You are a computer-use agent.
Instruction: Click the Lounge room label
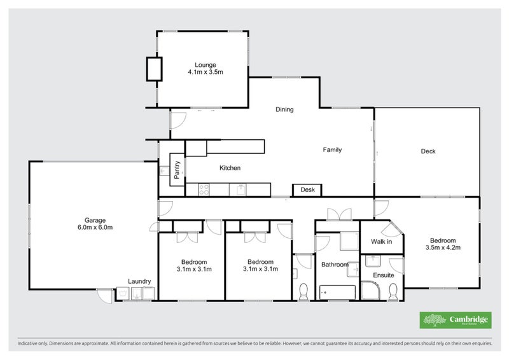pos(205,65)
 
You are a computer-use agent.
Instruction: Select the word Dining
pos(284,109)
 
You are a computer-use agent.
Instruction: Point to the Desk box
pos(308,190)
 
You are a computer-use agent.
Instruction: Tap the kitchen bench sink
pos(241,189)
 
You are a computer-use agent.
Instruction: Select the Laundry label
pos(139,281)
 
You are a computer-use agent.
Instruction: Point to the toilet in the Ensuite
pos(393,291)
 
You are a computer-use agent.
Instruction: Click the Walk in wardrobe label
pos(382,242)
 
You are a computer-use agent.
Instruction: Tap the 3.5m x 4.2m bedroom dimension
pos(442,247)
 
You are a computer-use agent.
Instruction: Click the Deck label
pos(428,151)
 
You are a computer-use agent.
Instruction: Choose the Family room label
pos(332,150)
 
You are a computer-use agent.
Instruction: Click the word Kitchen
pos(230,168)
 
